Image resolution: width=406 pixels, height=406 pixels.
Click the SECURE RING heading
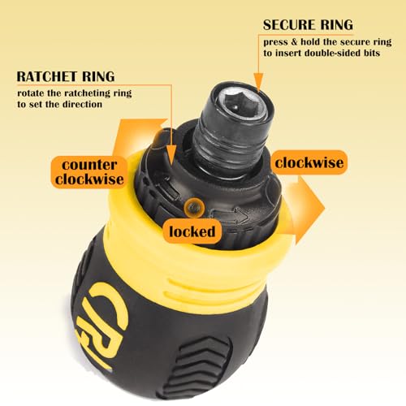coord(308,25)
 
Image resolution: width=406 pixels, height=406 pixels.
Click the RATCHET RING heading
coord(66,76)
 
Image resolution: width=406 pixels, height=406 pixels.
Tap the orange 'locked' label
coord(192,231)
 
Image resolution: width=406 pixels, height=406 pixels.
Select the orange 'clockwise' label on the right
coord(309,162)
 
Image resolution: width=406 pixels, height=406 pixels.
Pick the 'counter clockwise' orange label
coord(89,172)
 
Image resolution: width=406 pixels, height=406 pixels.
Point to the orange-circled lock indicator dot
coord(194,208)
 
